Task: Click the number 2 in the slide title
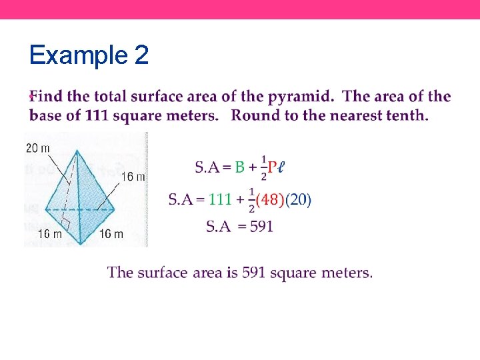(141, 55)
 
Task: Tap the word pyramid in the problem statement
(300, 97)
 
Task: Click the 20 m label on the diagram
(37, 148)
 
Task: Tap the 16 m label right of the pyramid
(134, 176)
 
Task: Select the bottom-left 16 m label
(50, 234)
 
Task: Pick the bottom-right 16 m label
(111, 234)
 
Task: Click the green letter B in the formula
(239, 167)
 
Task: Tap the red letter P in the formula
(272, 167)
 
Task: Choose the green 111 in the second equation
(219, 199)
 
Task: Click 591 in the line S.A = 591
(261, 227)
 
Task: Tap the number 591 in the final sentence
(254, 273)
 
